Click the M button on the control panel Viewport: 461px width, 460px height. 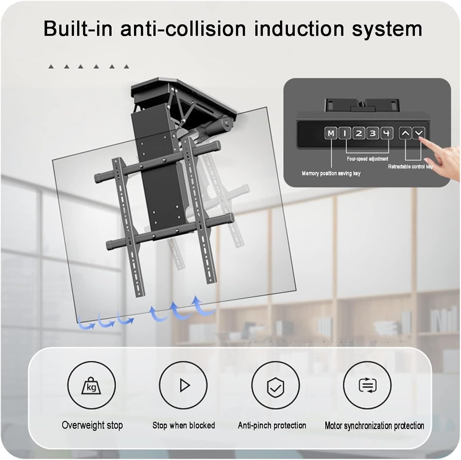click(x=331, y=134)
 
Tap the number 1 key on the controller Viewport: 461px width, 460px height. click(x=345, y=134)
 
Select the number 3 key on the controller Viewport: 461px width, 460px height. click(x=373, y=134)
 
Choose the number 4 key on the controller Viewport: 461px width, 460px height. click(x=387, y=134)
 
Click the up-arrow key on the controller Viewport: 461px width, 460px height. click(x=405, y=134)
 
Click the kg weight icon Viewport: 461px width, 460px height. click(x=91, y=385)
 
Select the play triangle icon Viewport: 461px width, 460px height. click(x=184, y=385)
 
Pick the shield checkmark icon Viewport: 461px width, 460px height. click(x=275, y=385)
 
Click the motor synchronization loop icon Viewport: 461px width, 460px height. click(x=367, y=385)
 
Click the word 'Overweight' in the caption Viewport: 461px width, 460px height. click(x=79, y=425)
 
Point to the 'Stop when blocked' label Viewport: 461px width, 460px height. click(x=184, y=425)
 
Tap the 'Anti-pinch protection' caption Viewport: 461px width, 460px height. click(x=272, y=425)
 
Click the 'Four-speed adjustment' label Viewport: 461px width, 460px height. click(x=367, y=159)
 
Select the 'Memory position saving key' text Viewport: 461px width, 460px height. click(x=331, y=174)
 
